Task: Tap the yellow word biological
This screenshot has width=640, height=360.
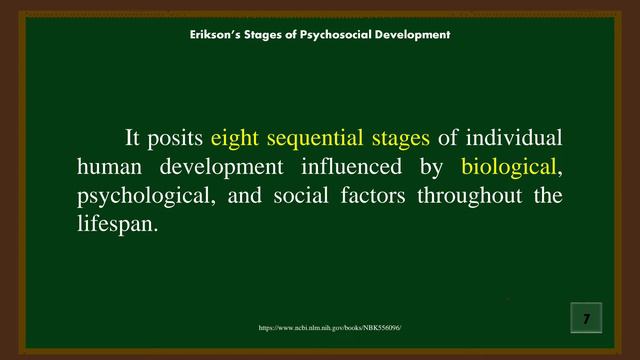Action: tap(507, 166)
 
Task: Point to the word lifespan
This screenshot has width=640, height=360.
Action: tap(117, 224)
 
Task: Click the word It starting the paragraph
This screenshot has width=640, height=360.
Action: tap(132, 137)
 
